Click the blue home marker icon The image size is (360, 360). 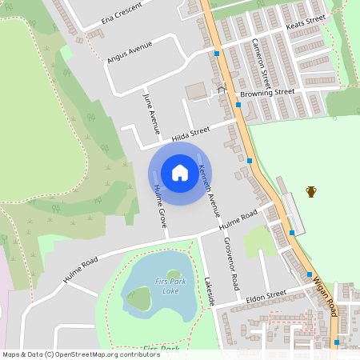click(180, 173)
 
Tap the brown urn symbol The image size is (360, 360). click(311, 191)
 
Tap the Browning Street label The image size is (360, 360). click(267, 93)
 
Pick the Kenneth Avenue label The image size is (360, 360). click(208, 191)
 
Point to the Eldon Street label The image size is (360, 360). click(266, 295)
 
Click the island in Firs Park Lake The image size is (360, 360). click(139, 299)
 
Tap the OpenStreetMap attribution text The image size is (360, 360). click(70, 354)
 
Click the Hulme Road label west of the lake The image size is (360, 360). click(79, 269)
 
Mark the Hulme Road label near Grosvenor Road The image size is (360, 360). click(238, 221)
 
